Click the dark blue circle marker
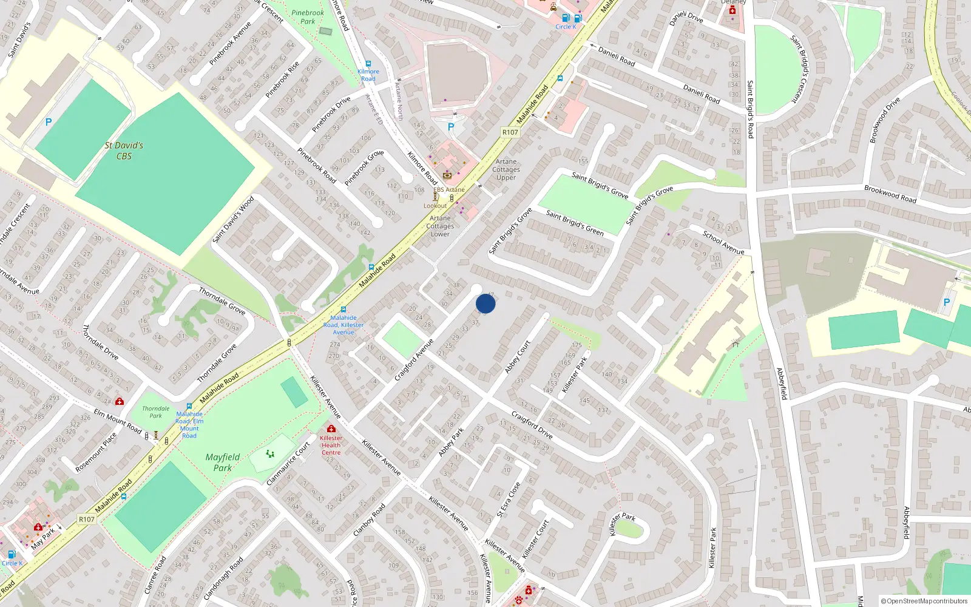(x=486, y=303)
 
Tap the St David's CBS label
(x=124, y=151)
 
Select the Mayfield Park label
(x=223, y=462)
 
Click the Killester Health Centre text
(x=331, y=445)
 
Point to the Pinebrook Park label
(x=308, y=17)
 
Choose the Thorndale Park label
(x=156, y=412)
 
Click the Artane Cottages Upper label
(x=506, y=169)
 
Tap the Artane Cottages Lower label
(x=440, y=226)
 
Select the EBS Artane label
(x=449, y=189)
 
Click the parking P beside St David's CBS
(x=49, y=122)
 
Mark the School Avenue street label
(x=723, y=242)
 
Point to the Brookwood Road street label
(x=890, y=194)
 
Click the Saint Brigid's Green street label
(x=575, y=223)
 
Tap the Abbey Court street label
(x=518, y=356)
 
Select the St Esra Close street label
(x=509, y=500)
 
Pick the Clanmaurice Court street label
(x=288, y=463)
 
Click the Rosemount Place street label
(x=96, y=453)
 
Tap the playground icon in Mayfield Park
(x=270, y=453)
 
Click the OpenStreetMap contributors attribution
(x=924, y=601)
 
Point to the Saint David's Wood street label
(x=234, y=219)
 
